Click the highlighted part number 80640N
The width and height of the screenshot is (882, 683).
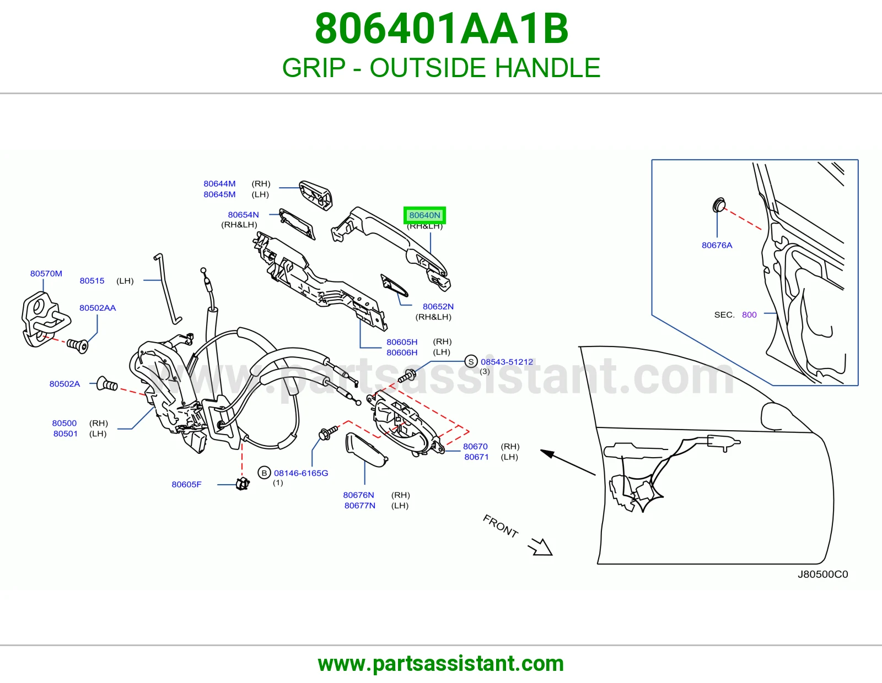pyautogui.click(x=424, y=215)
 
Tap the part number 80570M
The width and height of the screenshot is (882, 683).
pyautogui.click(x=46, y=273)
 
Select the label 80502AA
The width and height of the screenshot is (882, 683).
pyautogui.click(x=98, y=308)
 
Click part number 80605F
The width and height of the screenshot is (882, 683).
pyautogui.click(x=186, y=484)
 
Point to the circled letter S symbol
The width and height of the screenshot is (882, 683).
pyautogui.click(x=471, y=361)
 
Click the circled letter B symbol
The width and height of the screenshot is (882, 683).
pyautogui.click(x=264, y=473)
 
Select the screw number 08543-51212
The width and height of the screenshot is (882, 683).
pyautogui.click(x=507, y=362)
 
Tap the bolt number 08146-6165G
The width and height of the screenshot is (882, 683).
pyautogui.click(x=301, y=473)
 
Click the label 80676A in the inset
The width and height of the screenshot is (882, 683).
pyautogui.click(x=717, y=245)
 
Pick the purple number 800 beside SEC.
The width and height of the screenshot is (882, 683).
pyautogui.click(x=749, y=315)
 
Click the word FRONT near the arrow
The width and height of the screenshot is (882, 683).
pyautogui.click(x=501, y=526)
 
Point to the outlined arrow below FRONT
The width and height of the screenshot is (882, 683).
pyautogui.click(x=540, y=547)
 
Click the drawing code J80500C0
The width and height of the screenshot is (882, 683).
pyautogui.click(x=822, y=574)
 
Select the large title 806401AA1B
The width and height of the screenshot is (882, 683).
pyautogui.click(x=441, y=29)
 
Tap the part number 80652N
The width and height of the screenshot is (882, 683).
pyautogui.click(x=438, y=307)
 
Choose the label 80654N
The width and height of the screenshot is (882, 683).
pyautogui.click(x=243, y=215)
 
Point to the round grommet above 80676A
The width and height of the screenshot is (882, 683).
pyautogui.click(x=719, y=205)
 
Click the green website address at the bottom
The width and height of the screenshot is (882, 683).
pyautogui.click(x=441, y=664)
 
